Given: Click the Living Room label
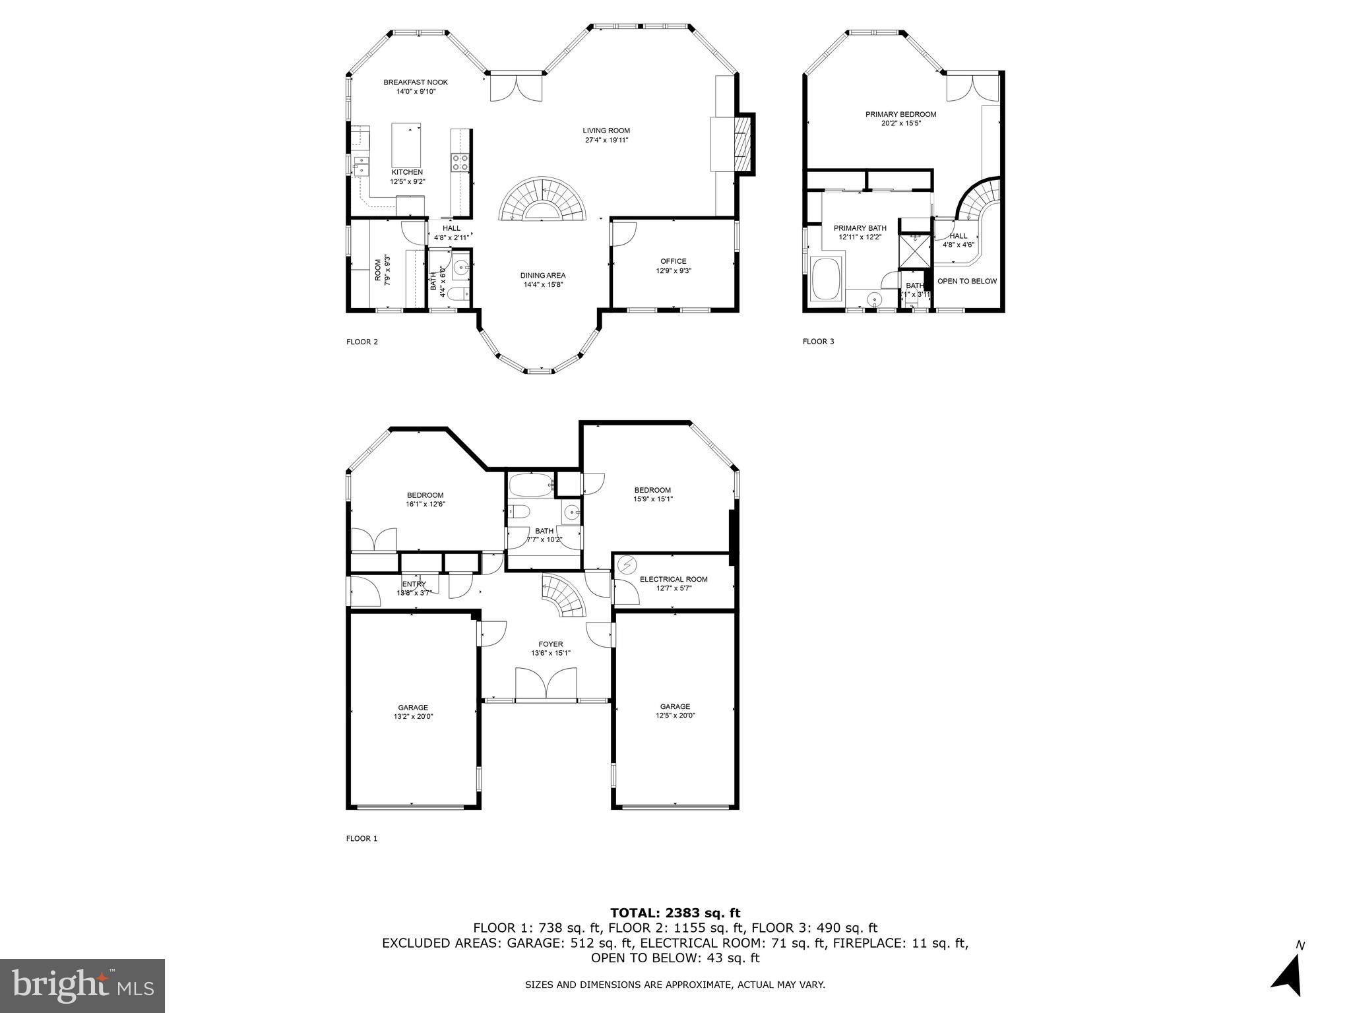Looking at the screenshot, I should (606, 131).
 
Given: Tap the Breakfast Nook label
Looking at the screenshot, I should (416, 82).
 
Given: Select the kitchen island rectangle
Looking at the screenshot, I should (406, 145).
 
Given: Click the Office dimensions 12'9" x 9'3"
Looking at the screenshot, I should (673, 270).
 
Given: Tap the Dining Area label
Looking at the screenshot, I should (542, 276).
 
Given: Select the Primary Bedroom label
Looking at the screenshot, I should (900, 114).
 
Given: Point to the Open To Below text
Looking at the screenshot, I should (966, 281).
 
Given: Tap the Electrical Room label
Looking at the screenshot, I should (673, 579).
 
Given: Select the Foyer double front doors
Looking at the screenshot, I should (546, 683).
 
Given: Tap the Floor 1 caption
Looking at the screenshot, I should (361, 839).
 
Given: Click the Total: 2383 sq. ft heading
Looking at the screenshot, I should (675, 913).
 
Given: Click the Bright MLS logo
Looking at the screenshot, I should (82, 986).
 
